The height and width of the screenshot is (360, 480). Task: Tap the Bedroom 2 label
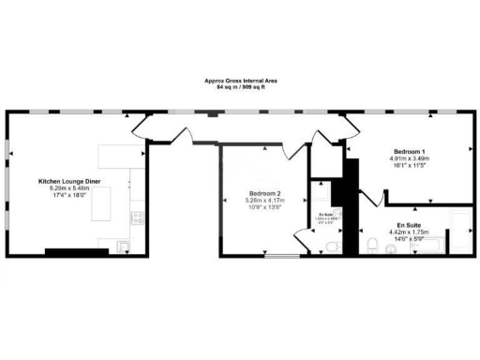(263, 193)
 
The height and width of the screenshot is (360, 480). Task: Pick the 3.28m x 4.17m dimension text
(263, 200)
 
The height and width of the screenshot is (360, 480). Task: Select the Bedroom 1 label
(409, 152)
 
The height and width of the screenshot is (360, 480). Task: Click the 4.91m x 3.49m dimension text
(409, 158)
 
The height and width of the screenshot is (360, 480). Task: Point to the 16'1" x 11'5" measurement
(409, 165)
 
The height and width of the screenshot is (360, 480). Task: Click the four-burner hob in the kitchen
(137, 218)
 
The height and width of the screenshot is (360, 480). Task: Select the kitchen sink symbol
(125, 247)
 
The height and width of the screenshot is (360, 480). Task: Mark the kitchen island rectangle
(119, 202)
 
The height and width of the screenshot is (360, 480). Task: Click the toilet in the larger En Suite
(372, 246)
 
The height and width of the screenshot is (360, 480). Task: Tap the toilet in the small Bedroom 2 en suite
(328, 246)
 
